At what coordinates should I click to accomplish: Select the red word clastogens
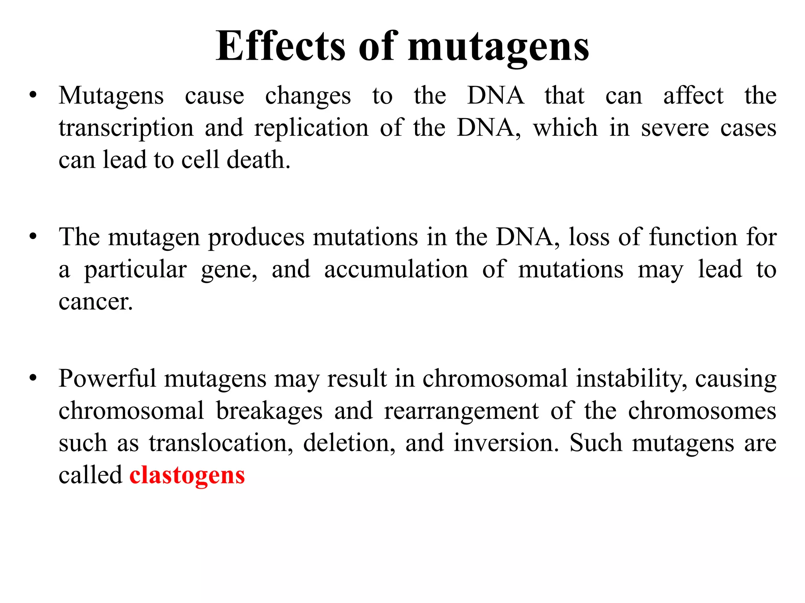click(x=187, y=475)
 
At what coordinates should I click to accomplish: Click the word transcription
click(x=126, y=128)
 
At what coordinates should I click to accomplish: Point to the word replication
click(x=311, y=128)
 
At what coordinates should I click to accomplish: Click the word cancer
click(x=96, y=302)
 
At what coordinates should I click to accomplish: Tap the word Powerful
click(x=107, y=379)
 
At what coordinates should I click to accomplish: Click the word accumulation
click(x=396, y=270)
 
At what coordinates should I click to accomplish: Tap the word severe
click(x=675, y=128)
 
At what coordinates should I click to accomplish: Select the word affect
click(x=693, y=96)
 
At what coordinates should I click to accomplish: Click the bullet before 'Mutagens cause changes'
click(x=33, y=95)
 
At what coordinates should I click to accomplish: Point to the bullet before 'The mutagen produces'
click(x=33, y=237)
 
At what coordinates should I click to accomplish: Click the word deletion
click(x=349, y=443)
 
